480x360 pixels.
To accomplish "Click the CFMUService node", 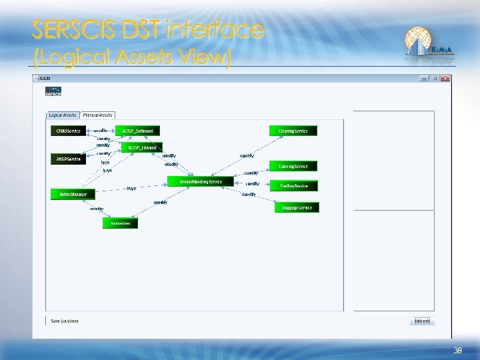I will tap(65, 131).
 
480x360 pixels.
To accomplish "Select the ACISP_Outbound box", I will tap(137, 131).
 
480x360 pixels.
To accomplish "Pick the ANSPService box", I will tap(68, 159).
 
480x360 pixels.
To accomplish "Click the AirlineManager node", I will tap(73, 194).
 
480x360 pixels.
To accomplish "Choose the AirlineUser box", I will tap(121, 223).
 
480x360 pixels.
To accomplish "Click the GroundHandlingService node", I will tap(201, 181).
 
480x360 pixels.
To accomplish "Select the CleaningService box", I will tap(293, 131).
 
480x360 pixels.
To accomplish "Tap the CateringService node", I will tap(293, 165).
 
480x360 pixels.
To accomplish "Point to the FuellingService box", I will tap(293, 186).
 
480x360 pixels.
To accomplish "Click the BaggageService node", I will tap(297, 207).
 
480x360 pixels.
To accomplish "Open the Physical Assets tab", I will tap(98, 115).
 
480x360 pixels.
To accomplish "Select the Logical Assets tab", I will tap(63, 115).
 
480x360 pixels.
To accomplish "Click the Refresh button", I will tap(422, 321).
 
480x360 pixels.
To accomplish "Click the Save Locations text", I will tap(65, 321).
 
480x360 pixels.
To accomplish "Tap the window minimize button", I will tap(423, 78).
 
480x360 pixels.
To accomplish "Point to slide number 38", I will tap(457, 351).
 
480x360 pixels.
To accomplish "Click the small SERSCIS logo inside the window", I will tap(53, 92).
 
